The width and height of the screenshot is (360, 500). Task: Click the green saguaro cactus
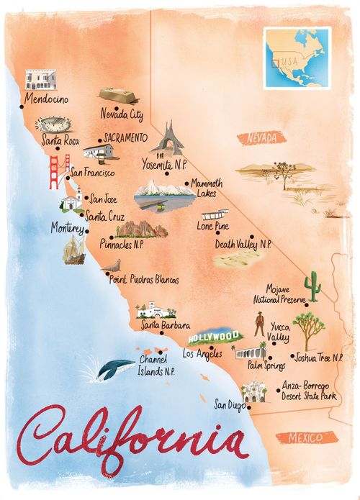click(x=313, y=287)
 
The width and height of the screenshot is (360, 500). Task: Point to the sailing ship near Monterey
click(x=74, y=249)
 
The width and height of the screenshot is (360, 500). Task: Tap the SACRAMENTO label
click(x=125, y=136)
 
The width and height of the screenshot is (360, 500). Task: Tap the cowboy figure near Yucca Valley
click(x=259, y=325)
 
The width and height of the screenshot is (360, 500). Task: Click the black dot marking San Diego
click(x=247, y=406)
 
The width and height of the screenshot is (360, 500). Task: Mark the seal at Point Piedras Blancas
click(x=111, y=267)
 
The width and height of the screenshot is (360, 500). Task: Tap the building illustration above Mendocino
click(x=39, y=79)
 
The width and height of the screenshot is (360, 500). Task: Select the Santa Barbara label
click(x=166, y=326)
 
